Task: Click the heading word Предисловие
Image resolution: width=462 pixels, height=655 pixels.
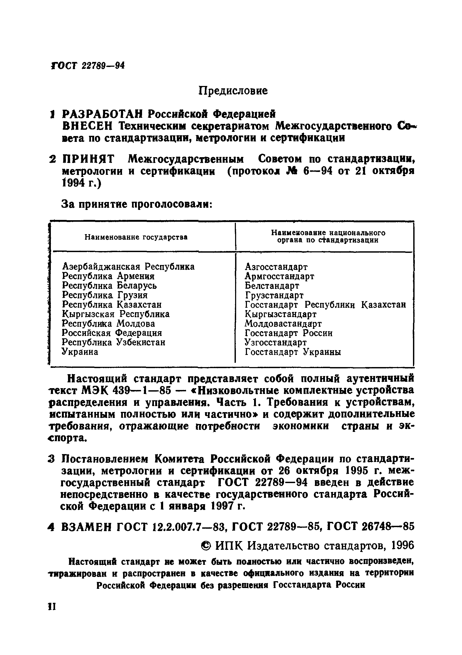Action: pyautogui.click(x=233, y=91)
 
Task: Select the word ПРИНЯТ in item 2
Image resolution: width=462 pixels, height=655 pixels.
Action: pyautogui.click(x=88, y=159)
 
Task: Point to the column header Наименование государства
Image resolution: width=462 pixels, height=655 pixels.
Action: pyautogui.click(x=136, y=237)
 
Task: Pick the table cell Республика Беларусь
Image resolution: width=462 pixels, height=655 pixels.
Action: pyautogui.click(x=110, y=286)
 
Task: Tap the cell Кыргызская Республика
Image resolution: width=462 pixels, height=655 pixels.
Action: pyautogui.click(x=116, y=314)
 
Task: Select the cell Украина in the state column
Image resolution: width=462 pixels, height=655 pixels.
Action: pyautogui.click(x=80, y=352)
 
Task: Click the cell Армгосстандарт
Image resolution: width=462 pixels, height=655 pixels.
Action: pyautogui.click(x=279, y=276)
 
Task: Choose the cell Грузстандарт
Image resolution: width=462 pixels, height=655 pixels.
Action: pyautogui.click(x=274, y=295)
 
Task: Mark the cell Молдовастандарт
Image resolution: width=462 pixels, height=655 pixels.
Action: pyautogui.click(x=283, y=324)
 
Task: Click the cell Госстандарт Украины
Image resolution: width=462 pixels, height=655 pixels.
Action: pyautogui.click(x=293, y=352)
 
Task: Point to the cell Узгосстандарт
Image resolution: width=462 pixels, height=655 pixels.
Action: pyautogui.click(x=276, y=342)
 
